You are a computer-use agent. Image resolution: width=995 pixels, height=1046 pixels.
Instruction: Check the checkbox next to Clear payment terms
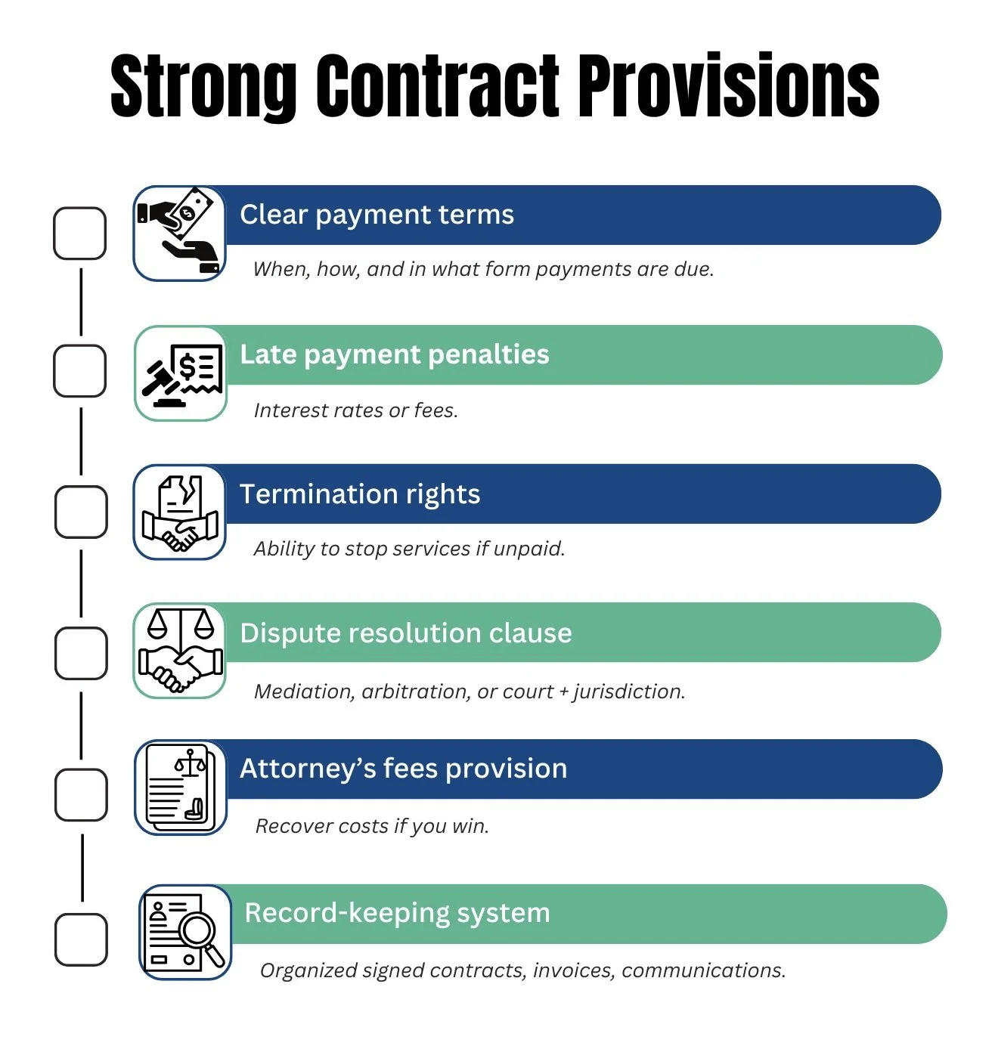(x=80, y=234)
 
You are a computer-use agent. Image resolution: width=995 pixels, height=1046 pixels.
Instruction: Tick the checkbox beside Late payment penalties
(x=80, y=371)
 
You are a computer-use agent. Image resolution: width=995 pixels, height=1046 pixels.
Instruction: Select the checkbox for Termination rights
(x=81, y=512)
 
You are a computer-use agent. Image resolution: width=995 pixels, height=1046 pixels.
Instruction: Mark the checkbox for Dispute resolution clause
(x=81, y=653)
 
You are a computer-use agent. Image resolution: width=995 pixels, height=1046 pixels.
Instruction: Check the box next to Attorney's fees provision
(x=81, y=794)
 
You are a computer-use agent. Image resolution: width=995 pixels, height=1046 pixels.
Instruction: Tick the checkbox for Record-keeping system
(x=81, y=939)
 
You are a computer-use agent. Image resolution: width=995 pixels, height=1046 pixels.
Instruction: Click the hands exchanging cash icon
(x=180, y=233)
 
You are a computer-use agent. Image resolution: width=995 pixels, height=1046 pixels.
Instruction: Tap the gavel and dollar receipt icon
(x=181, y=373)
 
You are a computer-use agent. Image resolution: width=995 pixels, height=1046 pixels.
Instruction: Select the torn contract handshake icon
(x=180, y=512)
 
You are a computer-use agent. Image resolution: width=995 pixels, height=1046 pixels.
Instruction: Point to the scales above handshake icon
(x=180, y=651)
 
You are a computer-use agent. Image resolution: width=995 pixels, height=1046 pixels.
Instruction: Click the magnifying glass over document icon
(x=185, y=932)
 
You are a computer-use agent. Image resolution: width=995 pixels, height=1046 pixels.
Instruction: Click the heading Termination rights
(x=360, y=494)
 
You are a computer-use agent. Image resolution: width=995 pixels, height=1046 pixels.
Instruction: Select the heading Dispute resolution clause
(x=406, y=633)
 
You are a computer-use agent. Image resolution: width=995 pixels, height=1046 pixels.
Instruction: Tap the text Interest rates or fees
(x=356, y=410)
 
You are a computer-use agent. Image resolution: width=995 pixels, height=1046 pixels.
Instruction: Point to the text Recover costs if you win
(x=372, y=826)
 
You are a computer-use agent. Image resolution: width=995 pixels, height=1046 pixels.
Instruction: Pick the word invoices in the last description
(x=573, y=970)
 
